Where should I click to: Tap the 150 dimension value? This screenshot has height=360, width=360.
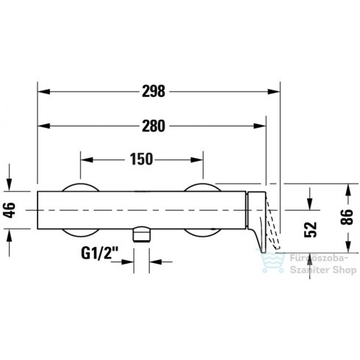point(141,158)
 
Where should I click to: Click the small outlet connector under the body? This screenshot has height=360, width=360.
point(141,235)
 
